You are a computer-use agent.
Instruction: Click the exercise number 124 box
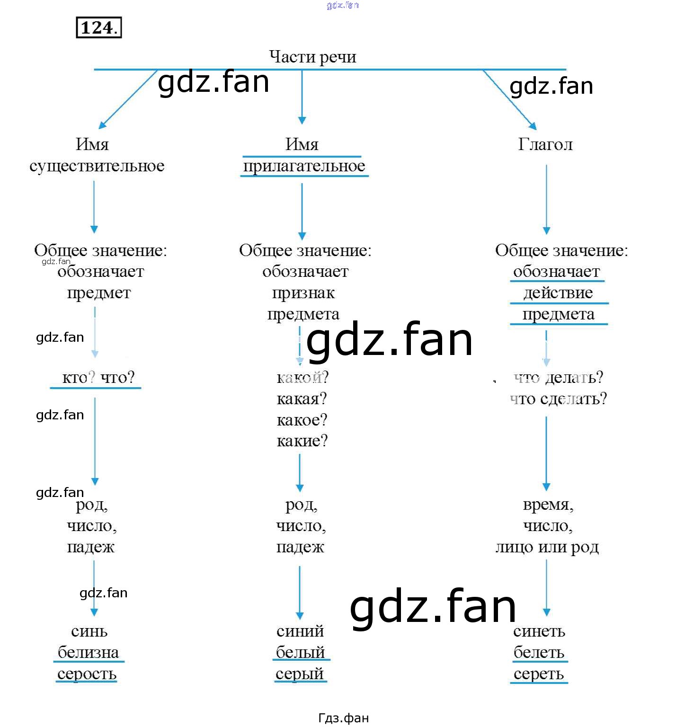click(x=98, y=27)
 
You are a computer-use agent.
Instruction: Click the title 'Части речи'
click(x=312, y=57)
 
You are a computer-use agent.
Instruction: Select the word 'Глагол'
click(x=545, y=144)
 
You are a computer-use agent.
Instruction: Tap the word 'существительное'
click(x=97, y=166)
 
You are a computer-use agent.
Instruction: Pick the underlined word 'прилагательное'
click(x=304, y=166)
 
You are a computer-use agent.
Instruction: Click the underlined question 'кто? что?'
click(x=98, y=378)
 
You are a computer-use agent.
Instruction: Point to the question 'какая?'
click(x=302, y=399)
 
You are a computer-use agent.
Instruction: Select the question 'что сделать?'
click(x=558, y=399)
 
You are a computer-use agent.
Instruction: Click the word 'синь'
click(x=89, y=631)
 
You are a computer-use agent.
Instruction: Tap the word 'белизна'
click(x=89, y=653)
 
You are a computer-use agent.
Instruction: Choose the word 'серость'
click(x=87, y=674)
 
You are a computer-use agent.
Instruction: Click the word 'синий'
click(x=300, y=631)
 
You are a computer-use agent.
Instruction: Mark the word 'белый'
click(x=300, y=653)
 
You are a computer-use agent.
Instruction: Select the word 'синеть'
click(x=539, y=631)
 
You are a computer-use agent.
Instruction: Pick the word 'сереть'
click(x=539, y=674)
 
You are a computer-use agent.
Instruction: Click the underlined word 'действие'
click(x=558, y=293)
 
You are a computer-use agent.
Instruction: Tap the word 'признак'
click(x=303, y=293)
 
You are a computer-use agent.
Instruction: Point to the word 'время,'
click(x=548, y=505)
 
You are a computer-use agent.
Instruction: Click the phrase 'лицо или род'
click(x=547, y=547)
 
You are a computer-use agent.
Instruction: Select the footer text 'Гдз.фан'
click(x=343, y=718)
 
